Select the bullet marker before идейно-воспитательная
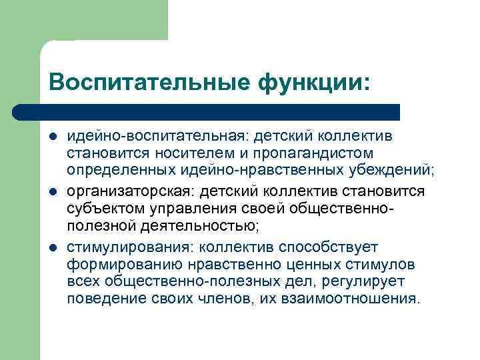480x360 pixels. click(53, 137)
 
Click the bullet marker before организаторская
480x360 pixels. click(53, 192)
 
